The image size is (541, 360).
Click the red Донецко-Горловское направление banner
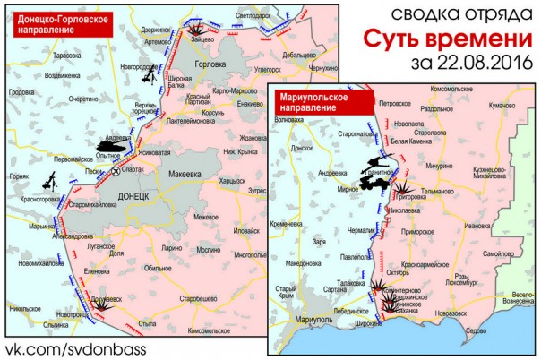[58, 24]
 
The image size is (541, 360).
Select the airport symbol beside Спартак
[115, 168]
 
